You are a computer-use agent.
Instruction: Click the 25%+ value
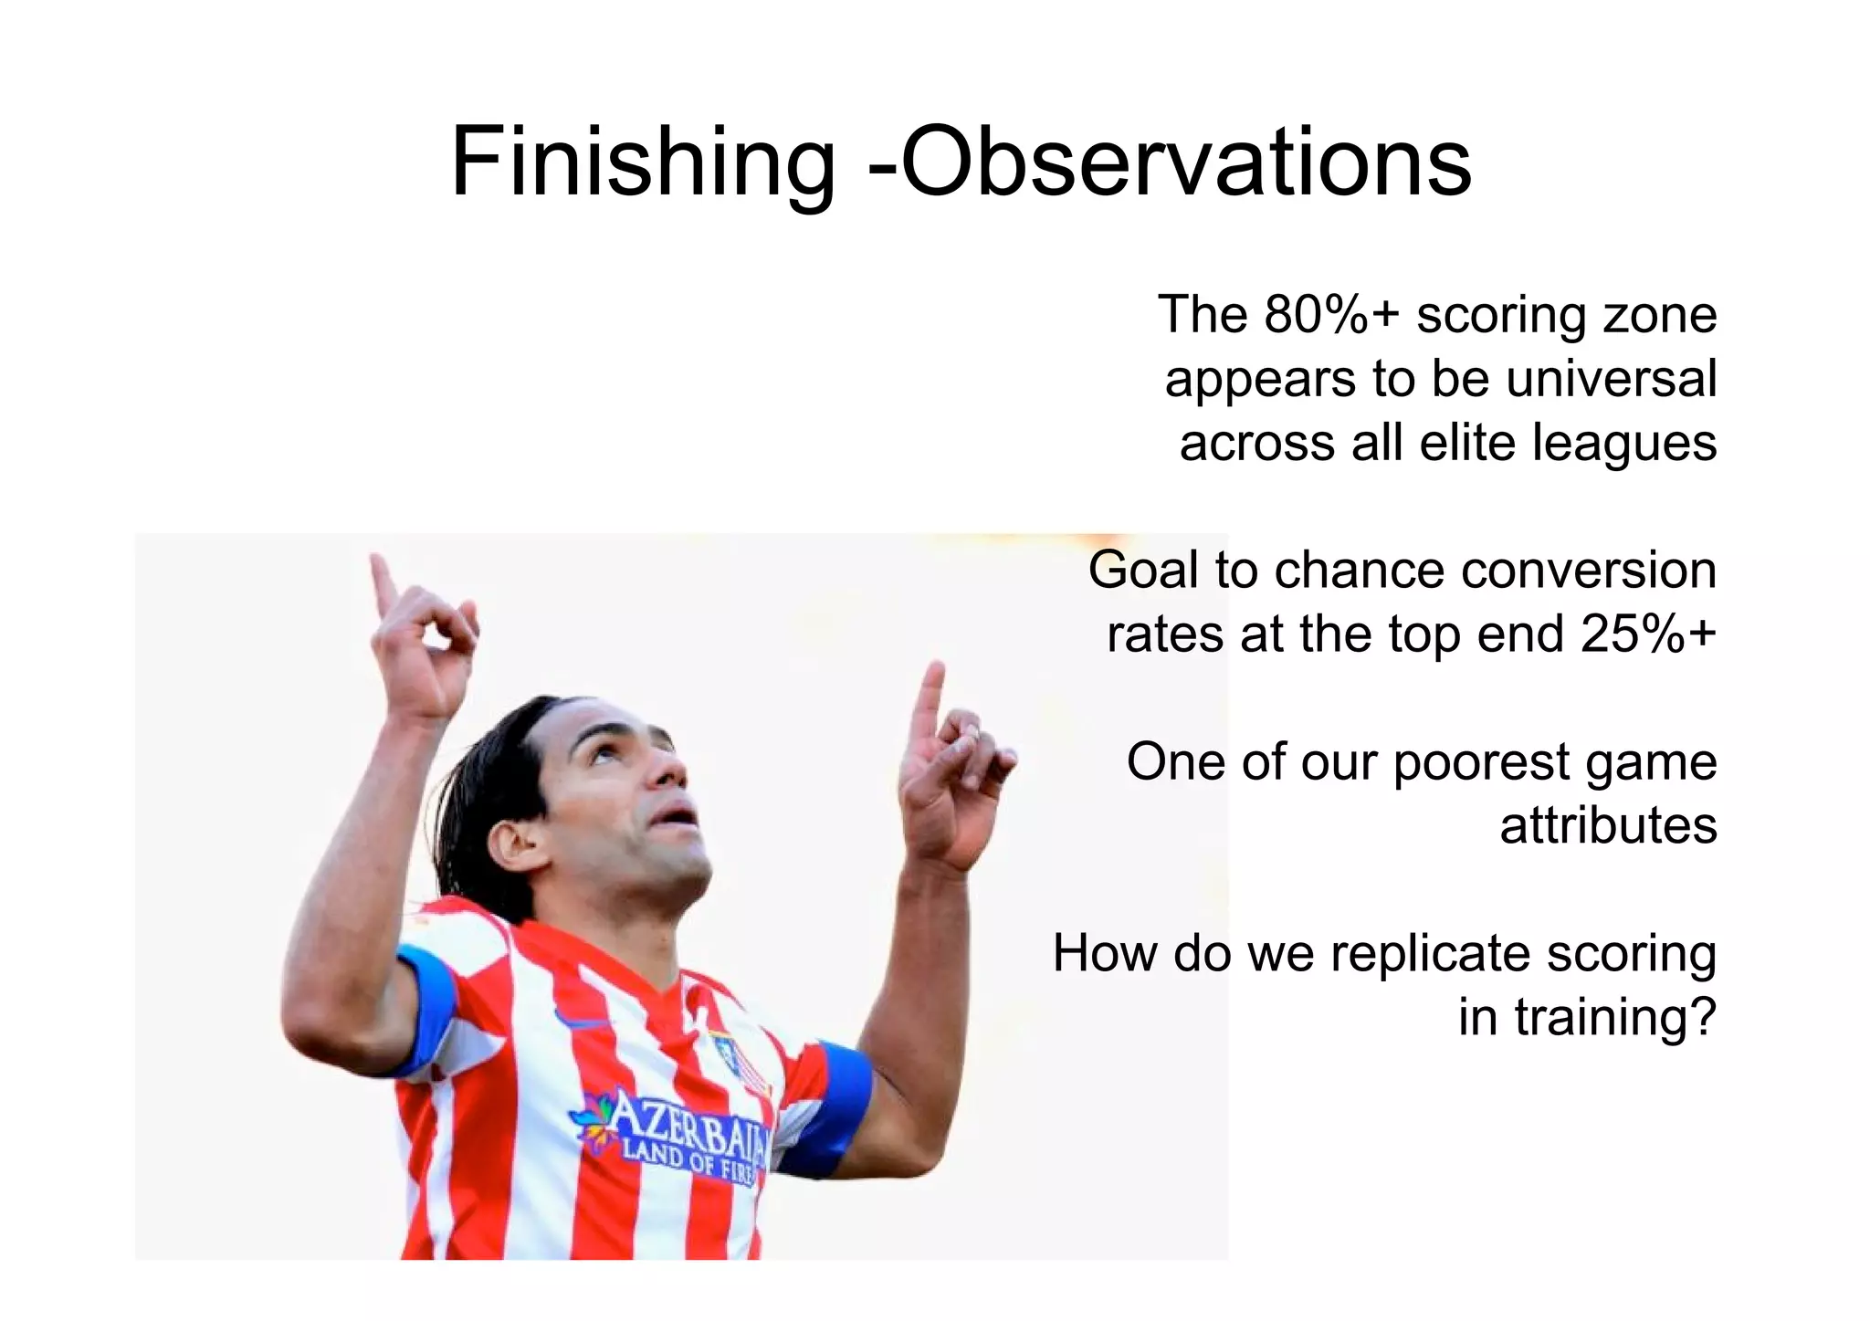[1648, 634]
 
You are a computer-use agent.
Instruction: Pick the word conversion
[1588, 570]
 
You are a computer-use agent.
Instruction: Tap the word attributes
[1608, 825]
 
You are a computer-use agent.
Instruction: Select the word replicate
[1429, 953]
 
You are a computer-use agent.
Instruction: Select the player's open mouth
[677, 813]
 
